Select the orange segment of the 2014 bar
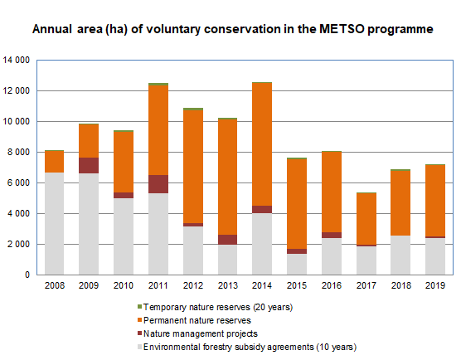262,144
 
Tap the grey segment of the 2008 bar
55,223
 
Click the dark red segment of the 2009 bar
89,166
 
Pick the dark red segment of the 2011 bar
158,184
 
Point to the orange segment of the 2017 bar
366,219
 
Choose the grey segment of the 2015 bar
297,264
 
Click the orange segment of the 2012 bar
193,167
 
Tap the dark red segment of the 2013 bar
227,240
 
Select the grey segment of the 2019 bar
435,256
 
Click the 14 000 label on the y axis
17,61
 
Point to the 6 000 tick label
18,183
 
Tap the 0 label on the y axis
27,275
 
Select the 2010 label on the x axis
124,285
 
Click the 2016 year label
332,285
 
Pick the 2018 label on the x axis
401,285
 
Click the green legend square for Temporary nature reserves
139,307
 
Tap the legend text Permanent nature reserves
197,320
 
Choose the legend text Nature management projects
201,333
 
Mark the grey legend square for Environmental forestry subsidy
139,347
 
